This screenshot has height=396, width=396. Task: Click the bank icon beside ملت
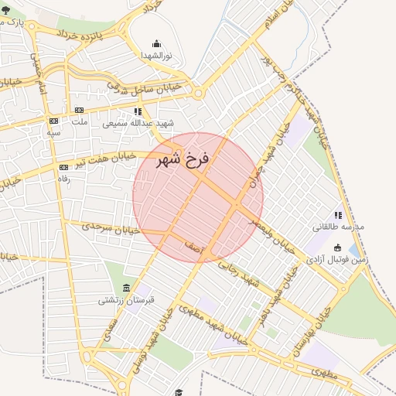click(79, 111)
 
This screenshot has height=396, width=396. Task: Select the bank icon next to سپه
click(53, 121)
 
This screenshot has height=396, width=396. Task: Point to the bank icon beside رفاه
click(63, 167)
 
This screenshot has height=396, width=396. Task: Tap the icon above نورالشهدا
click(157, 44)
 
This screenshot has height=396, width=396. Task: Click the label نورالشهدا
click(157, 56)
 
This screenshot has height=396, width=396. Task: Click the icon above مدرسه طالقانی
click(337, 215)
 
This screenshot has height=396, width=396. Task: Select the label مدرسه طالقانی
click(337, 227)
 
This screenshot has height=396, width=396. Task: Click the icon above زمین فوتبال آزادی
click(337, 247)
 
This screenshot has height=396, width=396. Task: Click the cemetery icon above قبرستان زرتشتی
click(115, 288)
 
